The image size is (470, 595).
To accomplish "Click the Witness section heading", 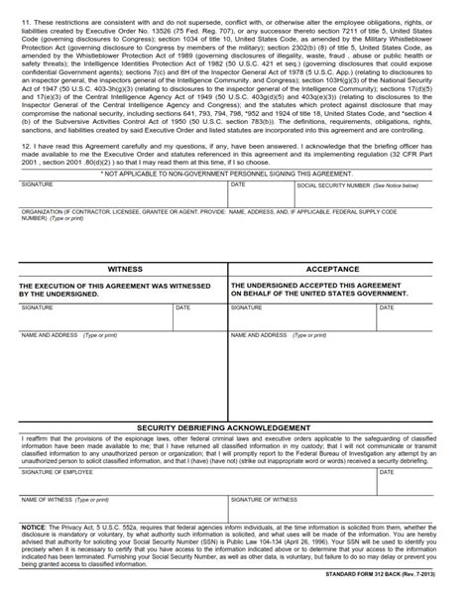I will tap(124, 269).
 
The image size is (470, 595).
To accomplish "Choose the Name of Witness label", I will tap(49, 499).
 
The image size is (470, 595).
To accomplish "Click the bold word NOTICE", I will tap(34, 528).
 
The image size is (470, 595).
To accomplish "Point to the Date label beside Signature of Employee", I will tap(384, 472).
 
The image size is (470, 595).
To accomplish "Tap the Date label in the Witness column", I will tap(182, 307).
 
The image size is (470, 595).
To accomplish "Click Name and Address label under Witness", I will tap(50, 335).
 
